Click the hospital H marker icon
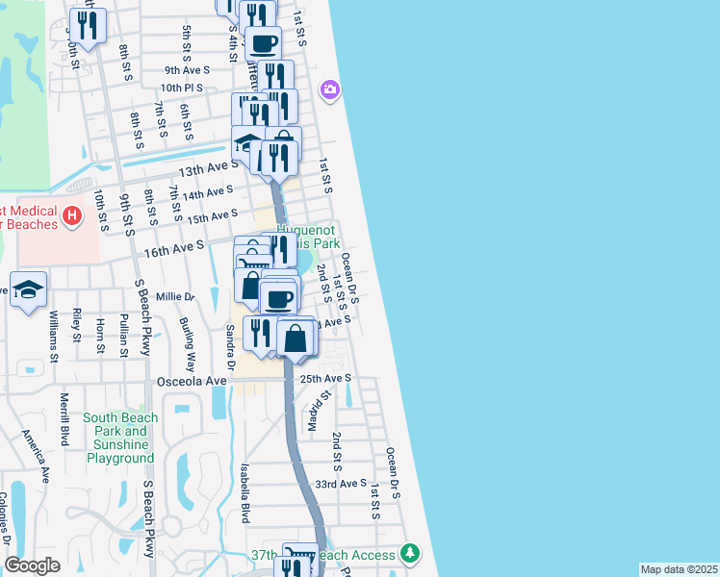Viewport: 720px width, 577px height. tap(70, 216)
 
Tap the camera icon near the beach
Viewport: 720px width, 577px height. tap(330, 89)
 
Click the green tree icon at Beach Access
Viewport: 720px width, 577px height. tap(411, 553)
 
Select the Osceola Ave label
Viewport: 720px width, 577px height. tap(192, 381)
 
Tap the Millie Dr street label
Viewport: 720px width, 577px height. tap(175, 297)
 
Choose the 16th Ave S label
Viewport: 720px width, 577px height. tap(173, 249)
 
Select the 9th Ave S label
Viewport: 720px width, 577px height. tap(187, 69)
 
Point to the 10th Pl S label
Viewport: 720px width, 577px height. tap(183, 88)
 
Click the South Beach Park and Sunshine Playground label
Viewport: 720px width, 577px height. tap(119, 438)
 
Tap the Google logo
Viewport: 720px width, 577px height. tap(32, 565)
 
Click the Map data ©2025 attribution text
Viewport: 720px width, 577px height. tap(679, 569)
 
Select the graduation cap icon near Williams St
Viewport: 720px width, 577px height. tap(29, 288)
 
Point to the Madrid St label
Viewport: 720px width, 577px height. tap(321, 409)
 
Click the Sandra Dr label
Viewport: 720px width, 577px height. tap(230, 347)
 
